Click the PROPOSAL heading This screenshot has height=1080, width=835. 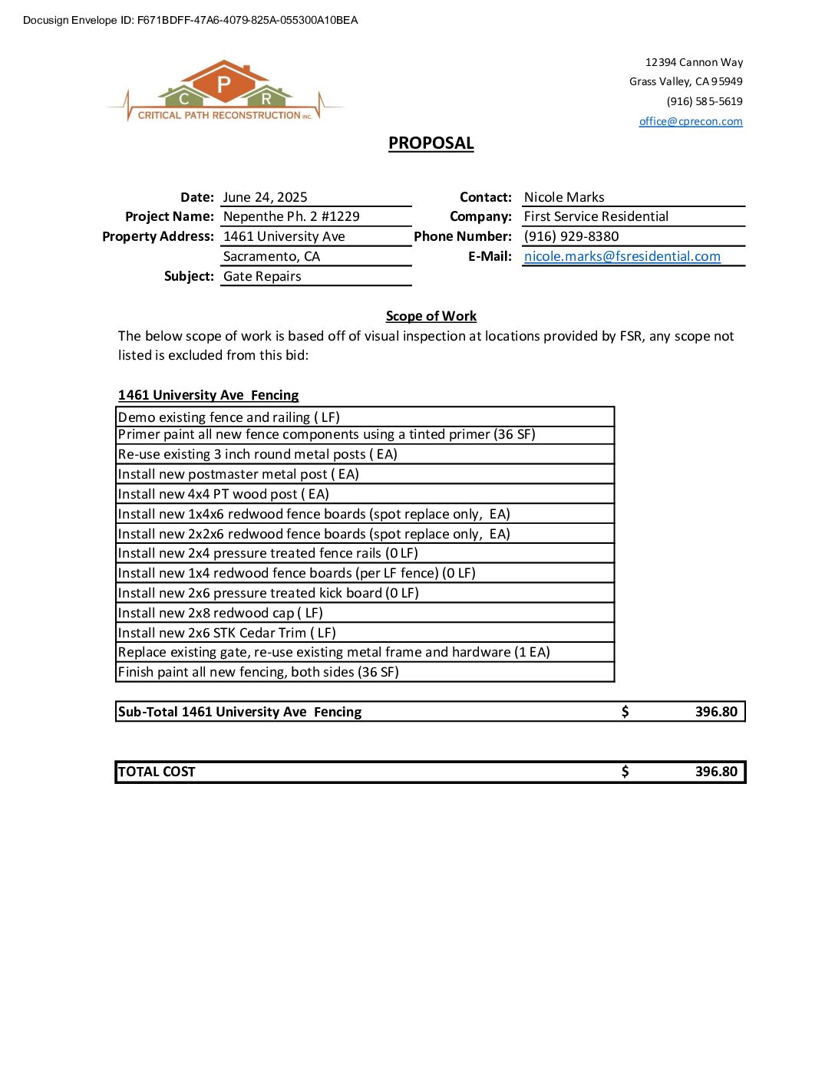431,143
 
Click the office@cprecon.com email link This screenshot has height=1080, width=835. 690,121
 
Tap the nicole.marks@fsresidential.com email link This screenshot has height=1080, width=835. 622,256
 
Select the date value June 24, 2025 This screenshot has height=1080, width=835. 265,197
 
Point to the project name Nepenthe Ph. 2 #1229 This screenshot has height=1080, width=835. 291,216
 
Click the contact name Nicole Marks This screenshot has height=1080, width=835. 563,197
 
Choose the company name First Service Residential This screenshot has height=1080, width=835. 596,216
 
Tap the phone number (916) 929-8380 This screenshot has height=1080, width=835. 571,236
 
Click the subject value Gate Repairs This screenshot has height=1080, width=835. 262,276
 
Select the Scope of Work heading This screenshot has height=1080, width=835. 431,316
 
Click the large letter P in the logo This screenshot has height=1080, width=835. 224,84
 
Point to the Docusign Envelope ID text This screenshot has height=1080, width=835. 190,20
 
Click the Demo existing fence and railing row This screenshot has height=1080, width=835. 229,417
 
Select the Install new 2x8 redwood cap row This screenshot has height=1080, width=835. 220,613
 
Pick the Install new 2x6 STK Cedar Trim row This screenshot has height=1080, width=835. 226,633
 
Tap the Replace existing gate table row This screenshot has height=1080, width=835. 334,652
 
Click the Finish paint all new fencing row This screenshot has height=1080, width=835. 258,672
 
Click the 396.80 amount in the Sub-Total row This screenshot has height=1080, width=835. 715,712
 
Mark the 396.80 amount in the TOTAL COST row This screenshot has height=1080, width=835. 715,772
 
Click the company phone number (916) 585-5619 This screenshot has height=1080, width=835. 704,101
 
